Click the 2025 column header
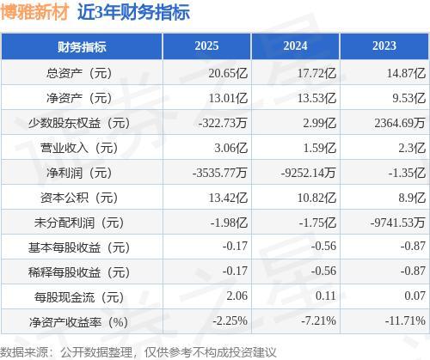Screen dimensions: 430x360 pyautogui.click(x=206, y=46)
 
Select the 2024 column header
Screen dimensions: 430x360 pyautogui.click(x=296, y=46)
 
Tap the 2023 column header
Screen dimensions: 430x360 pyautogui.click(x=384, y=46)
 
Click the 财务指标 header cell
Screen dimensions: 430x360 pyautogui.click(x=82, y=46)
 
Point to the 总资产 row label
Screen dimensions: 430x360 pyautogui.click(x=79, y=73)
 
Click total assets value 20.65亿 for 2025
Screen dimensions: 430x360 pyautogui.click(x=228, y=73)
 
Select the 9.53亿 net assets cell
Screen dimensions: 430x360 pyautogui.click(x=408, y=98)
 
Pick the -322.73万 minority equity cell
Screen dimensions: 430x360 pyautogui.click(x=223, y=123)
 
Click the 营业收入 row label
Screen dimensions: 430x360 pyautogui.click(x=79, y=148)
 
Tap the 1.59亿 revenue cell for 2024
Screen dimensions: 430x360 pyautogui.click(x=319, y=148)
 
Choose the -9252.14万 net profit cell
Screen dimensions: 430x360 pyautogui.click(x=308, y=173)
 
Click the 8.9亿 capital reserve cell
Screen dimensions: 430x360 pyautogui.click(x=412, y=198)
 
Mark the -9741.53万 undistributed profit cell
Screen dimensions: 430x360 pyautogui.click(x=397, y=223)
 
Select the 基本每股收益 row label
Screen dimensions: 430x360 pyautogui.click(x=79, y=247)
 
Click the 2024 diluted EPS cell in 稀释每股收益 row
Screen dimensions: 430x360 pyautogui.click(x=323, y=271)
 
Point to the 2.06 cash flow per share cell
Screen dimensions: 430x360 pyautogui.click(x=236, y=296)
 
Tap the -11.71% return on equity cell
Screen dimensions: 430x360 pyautogui.click(x=405, y=320)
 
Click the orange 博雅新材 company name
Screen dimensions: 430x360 pyautogui.click(x=35, y=12)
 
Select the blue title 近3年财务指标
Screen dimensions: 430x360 pyautogui.click(x=133, y=12)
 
